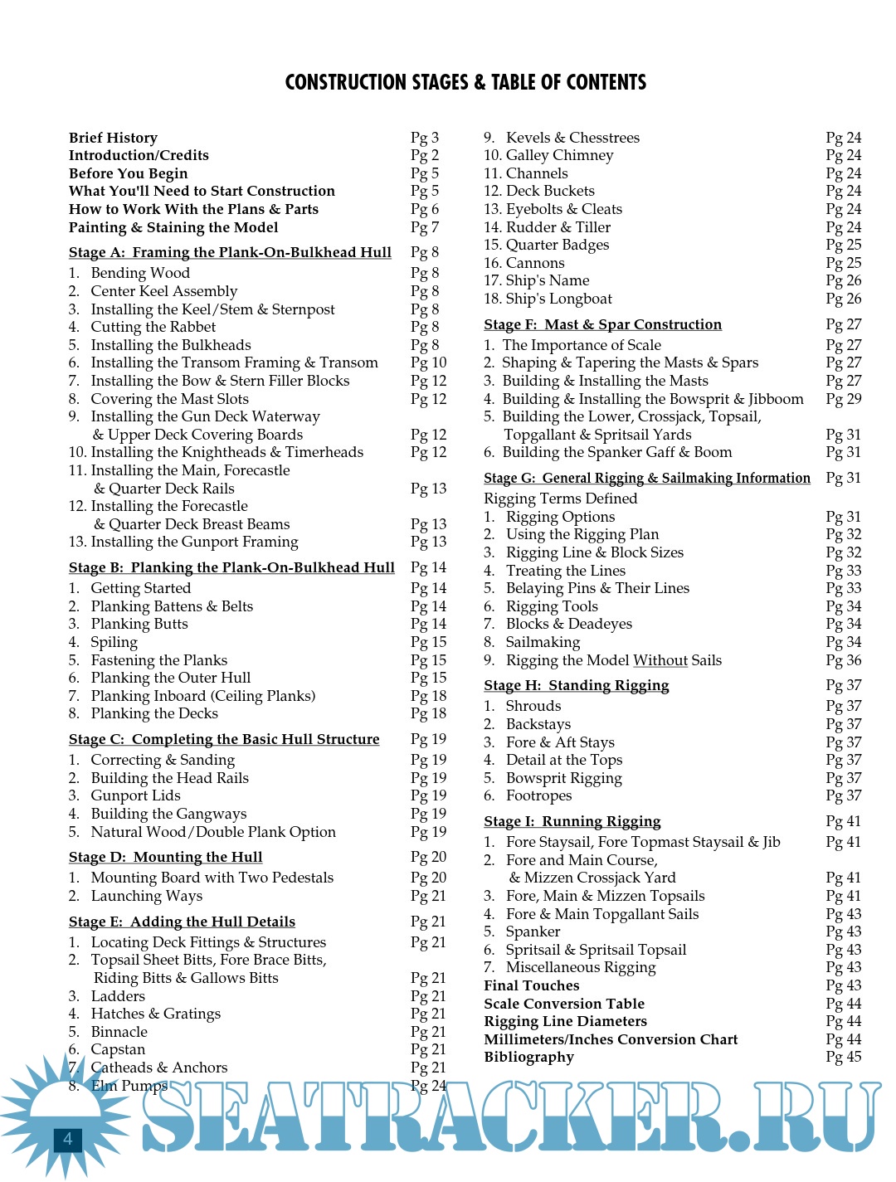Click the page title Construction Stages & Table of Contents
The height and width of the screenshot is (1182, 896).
[x=465, y=82]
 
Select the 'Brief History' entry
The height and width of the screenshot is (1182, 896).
[x=113, y=138]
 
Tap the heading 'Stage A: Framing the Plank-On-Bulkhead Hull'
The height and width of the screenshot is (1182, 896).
[x=230, y=252]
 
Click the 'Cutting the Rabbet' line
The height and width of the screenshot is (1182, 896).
[x=153, y=327]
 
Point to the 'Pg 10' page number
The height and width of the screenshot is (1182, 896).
[x=428, y=362]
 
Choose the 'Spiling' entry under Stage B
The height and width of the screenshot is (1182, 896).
[x=114, y=642]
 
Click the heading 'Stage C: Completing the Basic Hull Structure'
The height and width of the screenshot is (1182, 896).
[x=224, y=739]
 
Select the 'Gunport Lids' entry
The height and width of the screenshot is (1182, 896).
[x=135, y=795]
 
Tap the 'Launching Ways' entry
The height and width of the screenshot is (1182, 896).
[x=146, y=896]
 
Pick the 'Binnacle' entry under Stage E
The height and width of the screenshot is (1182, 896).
[x=119, y=1032]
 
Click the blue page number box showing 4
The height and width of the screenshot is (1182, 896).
[x=68, y=1139]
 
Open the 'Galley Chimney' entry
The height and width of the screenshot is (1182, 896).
[x=559, y=155]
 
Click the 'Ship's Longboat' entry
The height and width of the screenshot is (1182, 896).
[x=558, y=299]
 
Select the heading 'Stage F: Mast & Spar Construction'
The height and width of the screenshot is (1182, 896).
[x=602, y=324]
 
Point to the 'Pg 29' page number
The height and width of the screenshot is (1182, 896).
[x=843, y=399]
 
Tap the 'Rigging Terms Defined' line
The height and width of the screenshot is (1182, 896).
[x=561, y=499]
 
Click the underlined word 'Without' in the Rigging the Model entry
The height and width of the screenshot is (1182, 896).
[x=660, y=660]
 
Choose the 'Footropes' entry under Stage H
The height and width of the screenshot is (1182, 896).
[x=538, y=795]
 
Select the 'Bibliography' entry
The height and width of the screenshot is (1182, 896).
[x=528, y=1057]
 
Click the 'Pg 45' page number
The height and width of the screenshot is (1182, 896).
[x=843, y=1057]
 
